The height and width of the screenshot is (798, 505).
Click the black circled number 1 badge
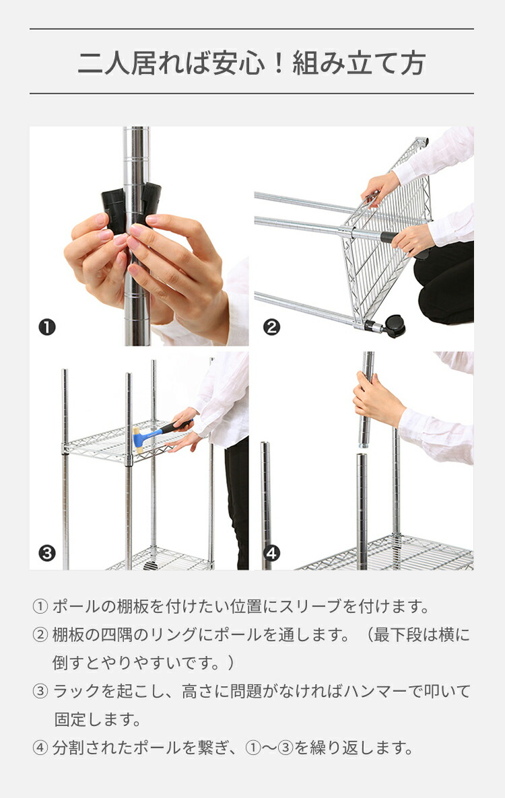(x=46, y=328)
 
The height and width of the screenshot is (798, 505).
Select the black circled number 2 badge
(x=271, y=328)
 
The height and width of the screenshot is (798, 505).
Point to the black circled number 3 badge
(x=46, y=553)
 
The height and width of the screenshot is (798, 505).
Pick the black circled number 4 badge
(x=271, y=553)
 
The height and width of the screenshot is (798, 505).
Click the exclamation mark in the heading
(x=279, y=63)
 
